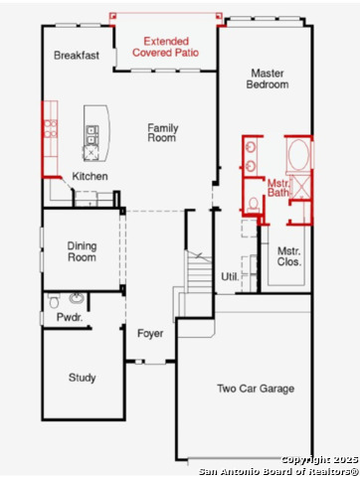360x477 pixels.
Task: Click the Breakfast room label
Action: (77, 55)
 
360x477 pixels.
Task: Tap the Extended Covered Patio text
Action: (165, 47)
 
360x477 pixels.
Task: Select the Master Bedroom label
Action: (268, 79)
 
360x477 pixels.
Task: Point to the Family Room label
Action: (163, 132)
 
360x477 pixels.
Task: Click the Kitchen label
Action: (90, 176)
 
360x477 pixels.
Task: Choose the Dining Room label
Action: (82, 251)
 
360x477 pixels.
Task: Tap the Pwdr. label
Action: (70, 317)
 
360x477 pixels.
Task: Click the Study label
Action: (82, 378)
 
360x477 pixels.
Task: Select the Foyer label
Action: (150, 334)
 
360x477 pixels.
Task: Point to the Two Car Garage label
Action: (256, 389)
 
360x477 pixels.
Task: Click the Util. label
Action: (230, 276)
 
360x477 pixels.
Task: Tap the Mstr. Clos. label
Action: (289, 256)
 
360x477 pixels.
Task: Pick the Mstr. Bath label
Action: (278, 188)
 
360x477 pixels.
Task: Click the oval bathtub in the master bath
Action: (298, 155)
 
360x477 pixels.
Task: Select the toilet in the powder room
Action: (54, 300)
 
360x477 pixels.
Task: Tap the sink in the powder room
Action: (77, 298)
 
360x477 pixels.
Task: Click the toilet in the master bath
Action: (254, 206)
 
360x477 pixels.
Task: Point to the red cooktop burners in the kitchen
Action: (51, 129)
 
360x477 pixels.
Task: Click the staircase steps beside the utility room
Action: (199, 271)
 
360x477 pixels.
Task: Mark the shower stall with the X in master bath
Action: (300, 187)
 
